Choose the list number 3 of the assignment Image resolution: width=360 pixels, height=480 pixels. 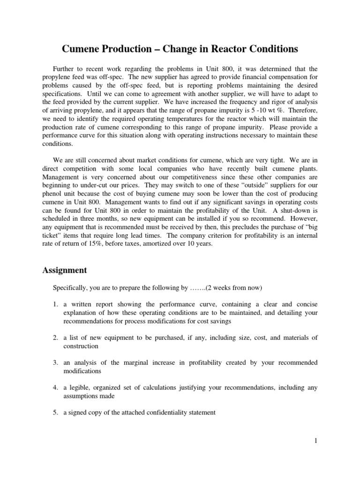click(54, 362)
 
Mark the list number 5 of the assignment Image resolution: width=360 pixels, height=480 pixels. click(54, 412)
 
